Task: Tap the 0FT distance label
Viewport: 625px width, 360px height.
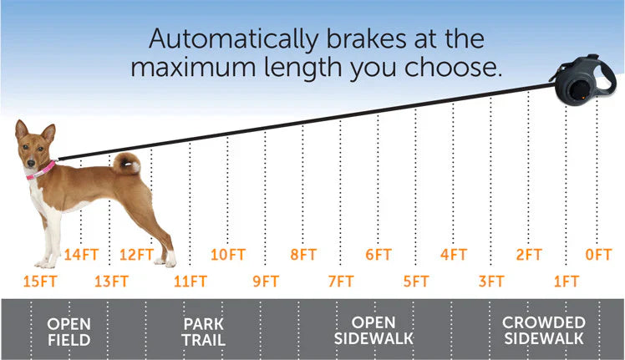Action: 598,255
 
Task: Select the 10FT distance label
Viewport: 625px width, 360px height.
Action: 227,255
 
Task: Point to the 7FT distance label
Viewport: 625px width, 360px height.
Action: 341,281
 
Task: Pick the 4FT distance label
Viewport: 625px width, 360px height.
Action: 454,255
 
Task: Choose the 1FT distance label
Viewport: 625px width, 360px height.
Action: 567,281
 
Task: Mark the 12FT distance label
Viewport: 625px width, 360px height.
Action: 136,255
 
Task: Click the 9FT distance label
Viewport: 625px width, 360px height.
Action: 266,281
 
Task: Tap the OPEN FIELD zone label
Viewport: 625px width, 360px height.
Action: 69,331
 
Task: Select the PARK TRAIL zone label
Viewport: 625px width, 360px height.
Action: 204,331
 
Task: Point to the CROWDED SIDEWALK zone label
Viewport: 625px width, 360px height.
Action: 543,331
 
